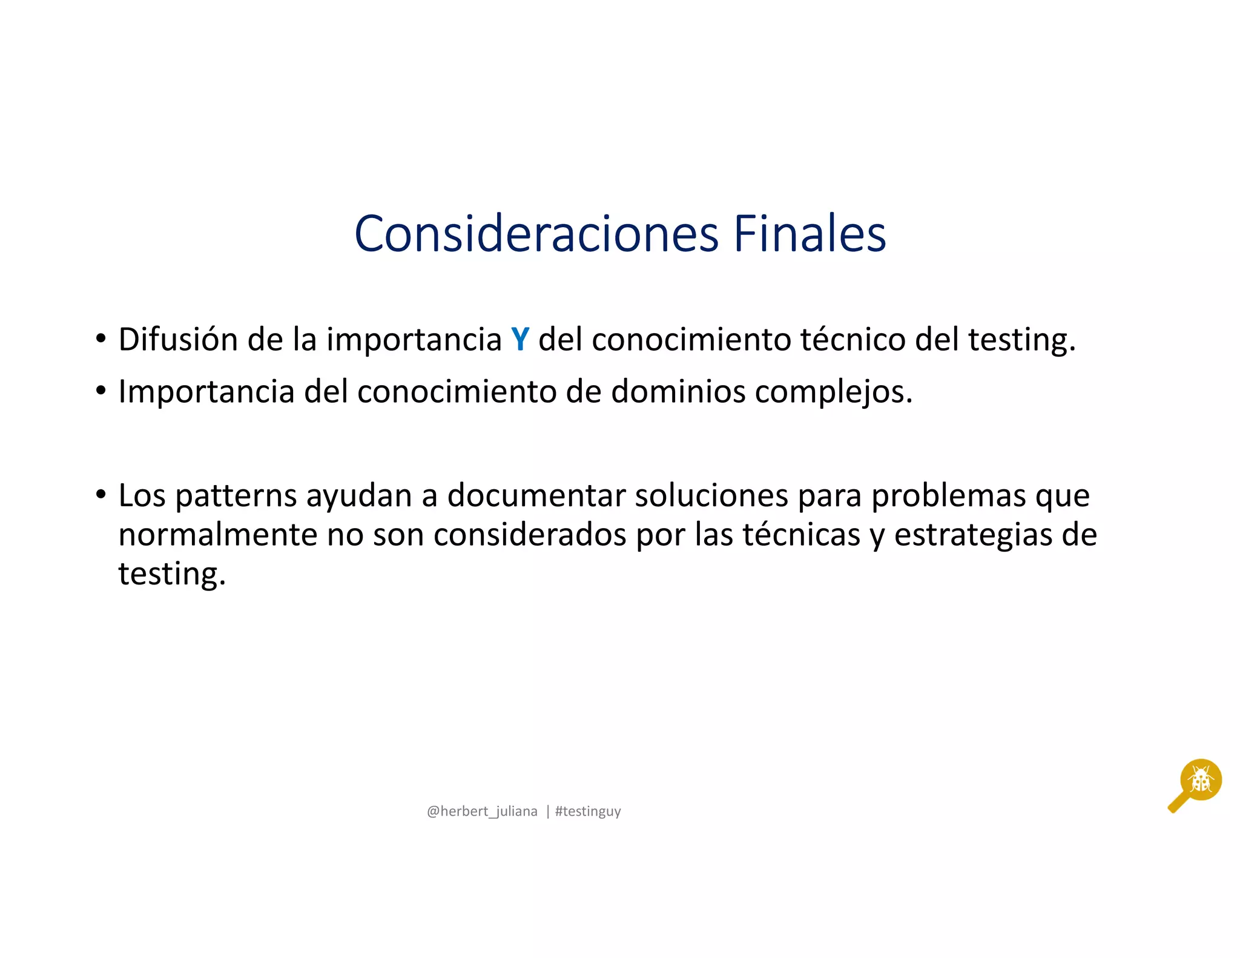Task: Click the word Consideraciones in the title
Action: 536,234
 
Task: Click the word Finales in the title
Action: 810,234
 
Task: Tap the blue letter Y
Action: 520,339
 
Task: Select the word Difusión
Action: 178,339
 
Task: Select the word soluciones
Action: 711,495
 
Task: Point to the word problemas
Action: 948,495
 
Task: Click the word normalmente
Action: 217,535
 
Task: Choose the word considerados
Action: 530,535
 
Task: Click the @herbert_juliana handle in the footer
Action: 482,811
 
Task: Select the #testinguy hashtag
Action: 588,811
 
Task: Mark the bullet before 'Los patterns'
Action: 101,495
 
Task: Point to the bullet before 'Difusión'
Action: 101,339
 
